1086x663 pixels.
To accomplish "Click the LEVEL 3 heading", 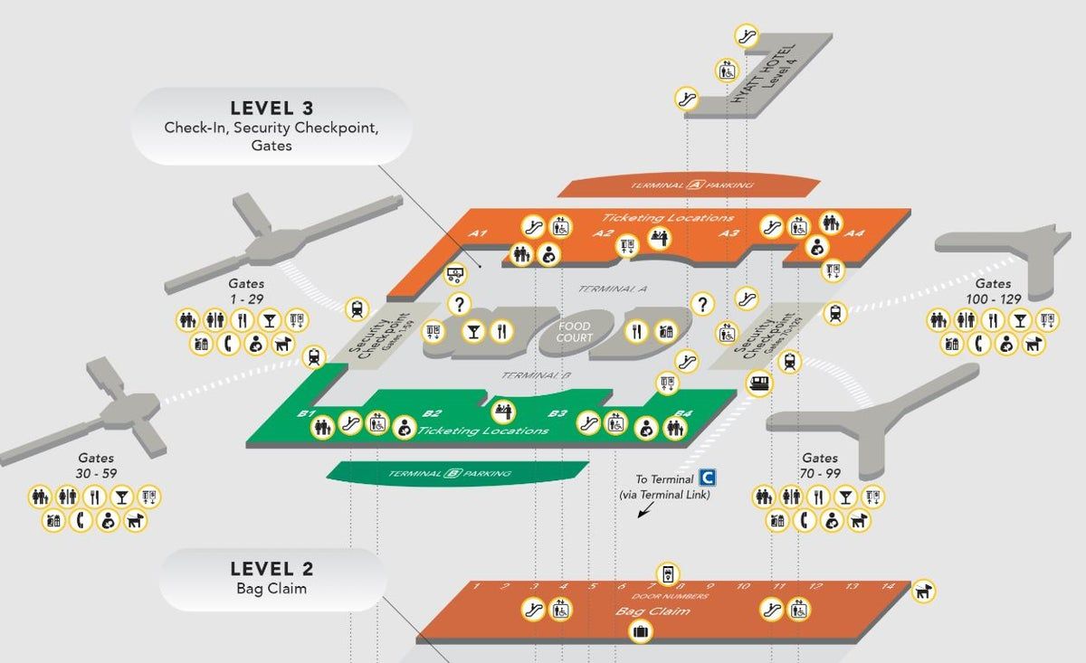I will pos(271,107).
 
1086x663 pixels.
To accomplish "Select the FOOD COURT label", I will pos(575,332).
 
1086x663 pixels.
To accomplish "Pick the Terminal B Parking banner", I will pos(450,473).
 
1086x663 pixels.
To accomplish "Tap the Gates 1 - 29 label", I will pos(245,291).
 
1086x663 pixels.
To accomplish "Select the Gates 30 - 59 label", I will pos(95,466).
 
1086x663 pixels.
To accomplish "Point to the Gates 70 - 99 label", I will pos(819,466).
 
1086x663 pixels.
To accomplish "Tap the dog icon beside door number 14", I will pos(923,591).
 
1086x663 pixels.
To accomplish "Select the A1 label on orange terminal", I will pos(479,233).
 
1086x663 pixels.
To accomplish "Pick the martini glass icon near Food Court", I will pos(472,332).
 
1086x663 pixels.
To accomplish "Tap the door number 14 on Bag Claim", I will pos(888,586).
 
